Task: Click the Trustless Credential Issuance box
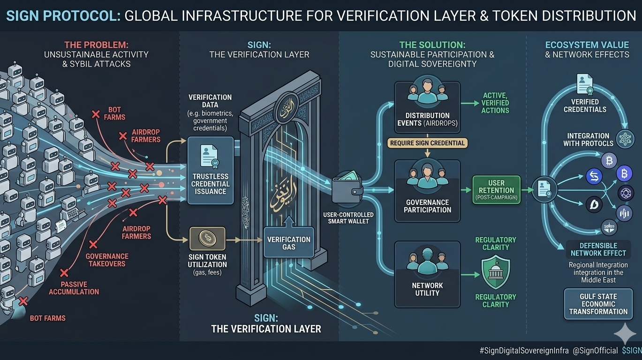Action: pos(211,171)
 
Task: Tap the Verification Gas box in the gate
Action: pos(288,242)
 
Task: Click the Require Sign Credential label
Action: pos(427,143)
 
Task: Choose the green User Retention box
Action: pos(496,190)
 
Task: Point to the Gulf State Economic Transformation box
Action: pos(598,304)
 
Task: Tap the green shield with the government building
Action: pos(496,271)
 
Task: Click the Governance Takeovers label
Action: pos(106,260)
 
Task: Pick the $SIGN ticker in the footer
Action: pos(631,351)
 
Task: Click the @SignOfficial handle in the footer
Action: pos(595,351)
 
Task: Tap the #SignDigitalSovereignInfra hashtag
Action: pos(524,351)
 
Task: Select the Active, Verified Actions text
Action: pos(495,103)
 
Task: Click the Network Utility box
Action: pos(427,274)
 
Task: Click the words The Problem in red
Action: pos(96,45)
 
